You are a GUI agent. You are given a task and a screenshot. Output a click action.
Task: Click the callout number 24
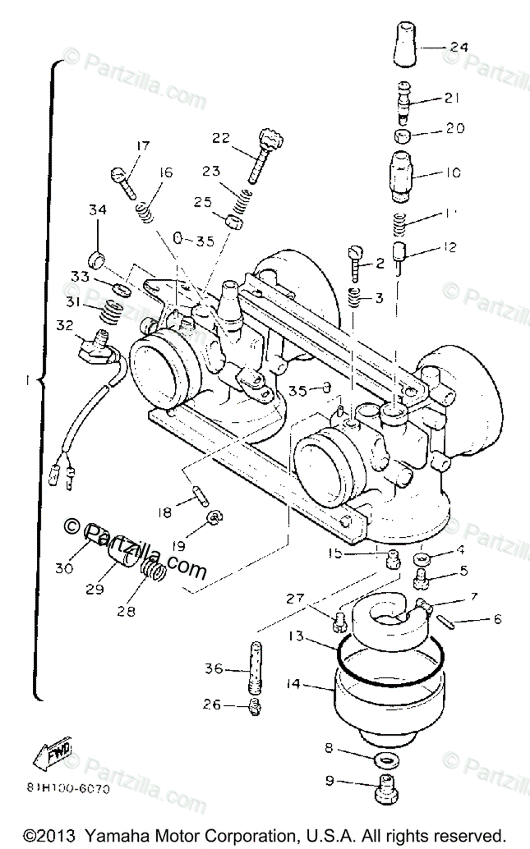point(459,48)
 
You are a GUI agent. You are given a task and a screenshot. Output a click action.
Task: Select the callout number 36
point(213,669)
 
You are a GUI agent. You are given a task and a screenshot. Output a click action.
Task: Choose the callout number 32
point(66,325)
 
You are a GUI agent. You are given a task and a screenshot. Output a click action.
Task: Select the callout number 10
point(454,173)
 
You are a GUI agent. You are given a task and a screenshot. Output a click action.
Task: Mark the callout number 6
point(497,620)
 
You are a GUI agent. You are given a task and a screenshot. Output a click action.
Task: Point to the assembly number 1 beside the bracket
point(28,380)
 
